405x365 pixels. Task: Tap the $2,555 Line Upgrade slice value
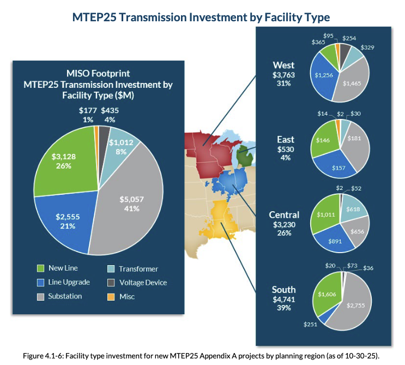coord(68,216)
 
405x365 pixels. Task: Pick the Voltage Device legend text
coord(143,283)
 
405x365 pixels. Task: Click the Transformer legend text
coord(138,269)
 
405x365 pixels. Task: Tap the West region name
coord(283,65)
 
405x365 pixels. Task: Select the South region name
coord(283,289)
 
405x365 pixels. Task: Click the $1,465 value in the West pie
coord(352,84)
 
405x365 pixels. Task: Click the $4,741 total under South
coord(283,299)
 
